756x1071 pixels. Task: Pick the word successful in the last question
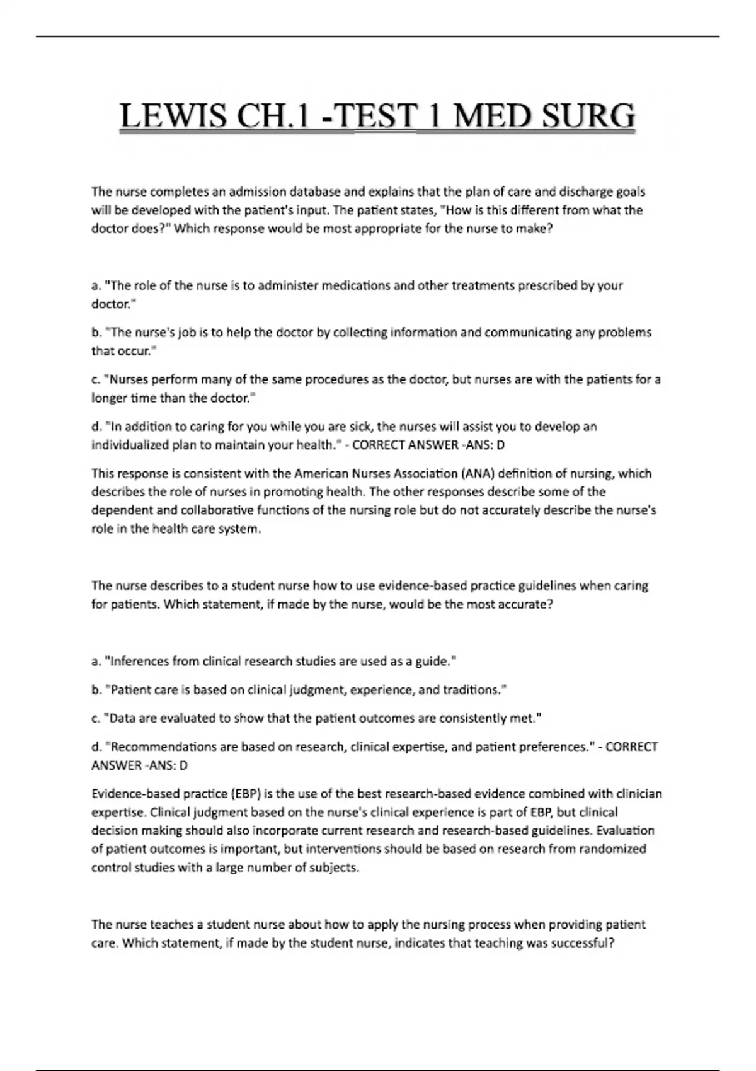(x=579, y=943)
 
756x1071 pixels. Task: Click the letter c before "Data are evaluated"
(x=95, y=718)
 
